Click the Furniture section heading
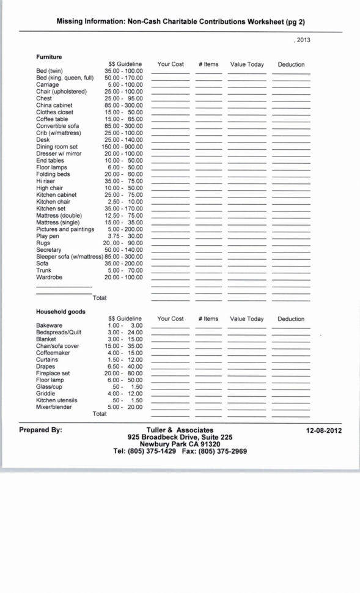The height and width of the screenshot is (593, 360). [x=49, y=57]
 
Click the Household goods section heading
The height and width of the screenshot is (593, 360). [x=61, y=312]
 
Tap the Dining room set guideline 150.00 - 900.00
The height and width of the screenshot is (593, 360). [x=122, y=147]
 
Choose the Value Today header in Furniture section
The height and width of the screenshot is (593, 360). [x=247, y=64]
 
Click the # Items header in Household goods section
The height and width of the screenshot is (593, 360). [x=208, y=319]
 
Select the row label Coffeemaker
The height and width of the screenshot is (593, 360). [x=53, y=353]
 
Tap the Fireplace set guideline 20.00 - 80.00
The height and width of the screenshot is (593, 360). [x=123, y=373]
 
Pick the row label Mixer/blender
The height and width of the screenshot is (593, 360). [x=54, y=407]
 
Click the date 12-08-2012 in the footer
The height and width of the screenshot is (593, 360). [x=324, y=430]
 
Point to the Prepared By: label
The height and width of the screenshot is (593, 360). [x=40, y=430]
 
